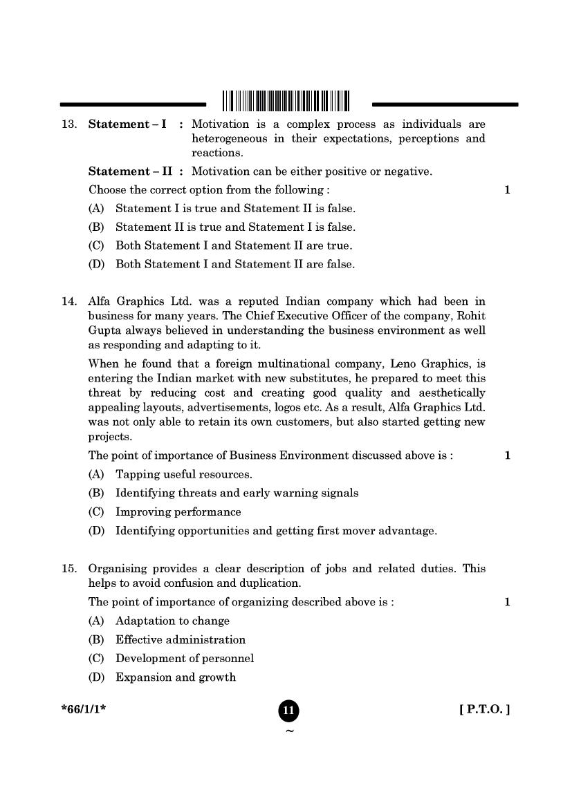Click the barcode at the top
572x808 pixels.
(x=286, y=101)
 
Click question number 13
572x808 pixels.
(x=68, y=124)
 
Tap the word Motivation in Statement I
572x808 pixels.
(x=220, y=124)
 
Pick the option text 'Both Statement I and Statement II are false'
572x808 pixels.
(x=234, y=264)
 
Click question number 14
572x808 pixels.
(x=68, y=301)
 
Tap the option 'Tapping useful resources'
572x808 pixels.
(x=183, y=474)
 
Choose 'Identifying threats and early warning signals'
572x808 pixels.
(x=237, y=493)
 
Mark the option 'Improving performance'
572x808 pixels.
(x=178, y=512)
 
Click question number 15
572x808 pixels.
(x=68, y=569)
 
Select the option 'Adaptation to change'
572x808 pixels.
(x=172, y=621)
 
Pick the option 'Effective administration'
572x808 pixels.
(x=180, y=640)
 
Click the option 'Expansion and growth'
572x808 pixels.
(x=175, y=677)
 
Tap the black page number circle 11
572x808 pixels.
(x=289, y=711)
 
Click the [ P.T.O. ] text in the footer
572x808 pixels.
(x=484, y=709)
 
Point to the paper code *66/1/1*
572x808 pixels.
(x=83, y=709)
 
